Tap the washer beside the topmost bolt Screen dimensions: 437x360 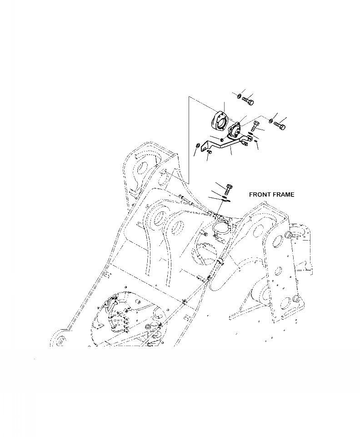pyautogui.click(x=239, y=95)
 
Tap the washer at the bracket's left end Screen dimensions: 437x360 pyautogui.click(x=196, y=146)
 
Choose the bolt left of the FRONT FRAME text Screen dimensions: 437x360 pyautogui.click(x=229, y=188)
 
